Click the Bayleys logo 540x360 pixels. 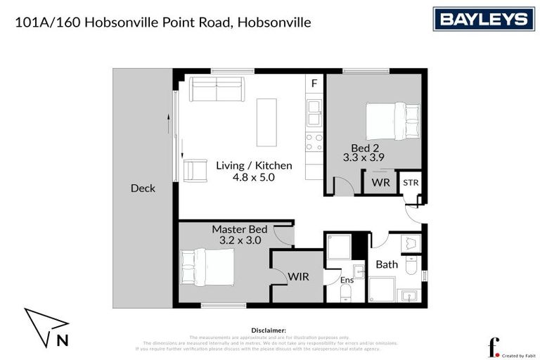point(483,19)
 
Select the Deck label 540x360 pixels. point(143,188)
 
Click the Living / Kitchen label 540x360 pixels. point(253,165)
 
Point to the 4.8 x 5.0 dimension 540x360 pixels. point(253,178)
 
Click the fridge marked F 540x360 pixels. point(314,84)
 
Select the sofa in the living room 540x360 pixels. point(216,89)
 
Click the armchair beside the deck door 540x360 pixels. point(196,169)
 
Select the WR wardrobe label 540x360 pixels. point(380,182)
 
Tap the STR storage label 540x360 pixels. point(410,182)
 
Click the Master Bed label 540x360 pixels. point(239,229)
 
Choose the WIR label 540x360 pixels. point(298,277)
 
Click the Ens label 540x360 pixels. point(347,281)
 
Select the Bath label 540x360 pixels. point(386,265)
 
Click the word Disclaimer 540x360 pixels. point(268,330)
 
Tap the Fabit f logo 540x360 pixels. point(494,347)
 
